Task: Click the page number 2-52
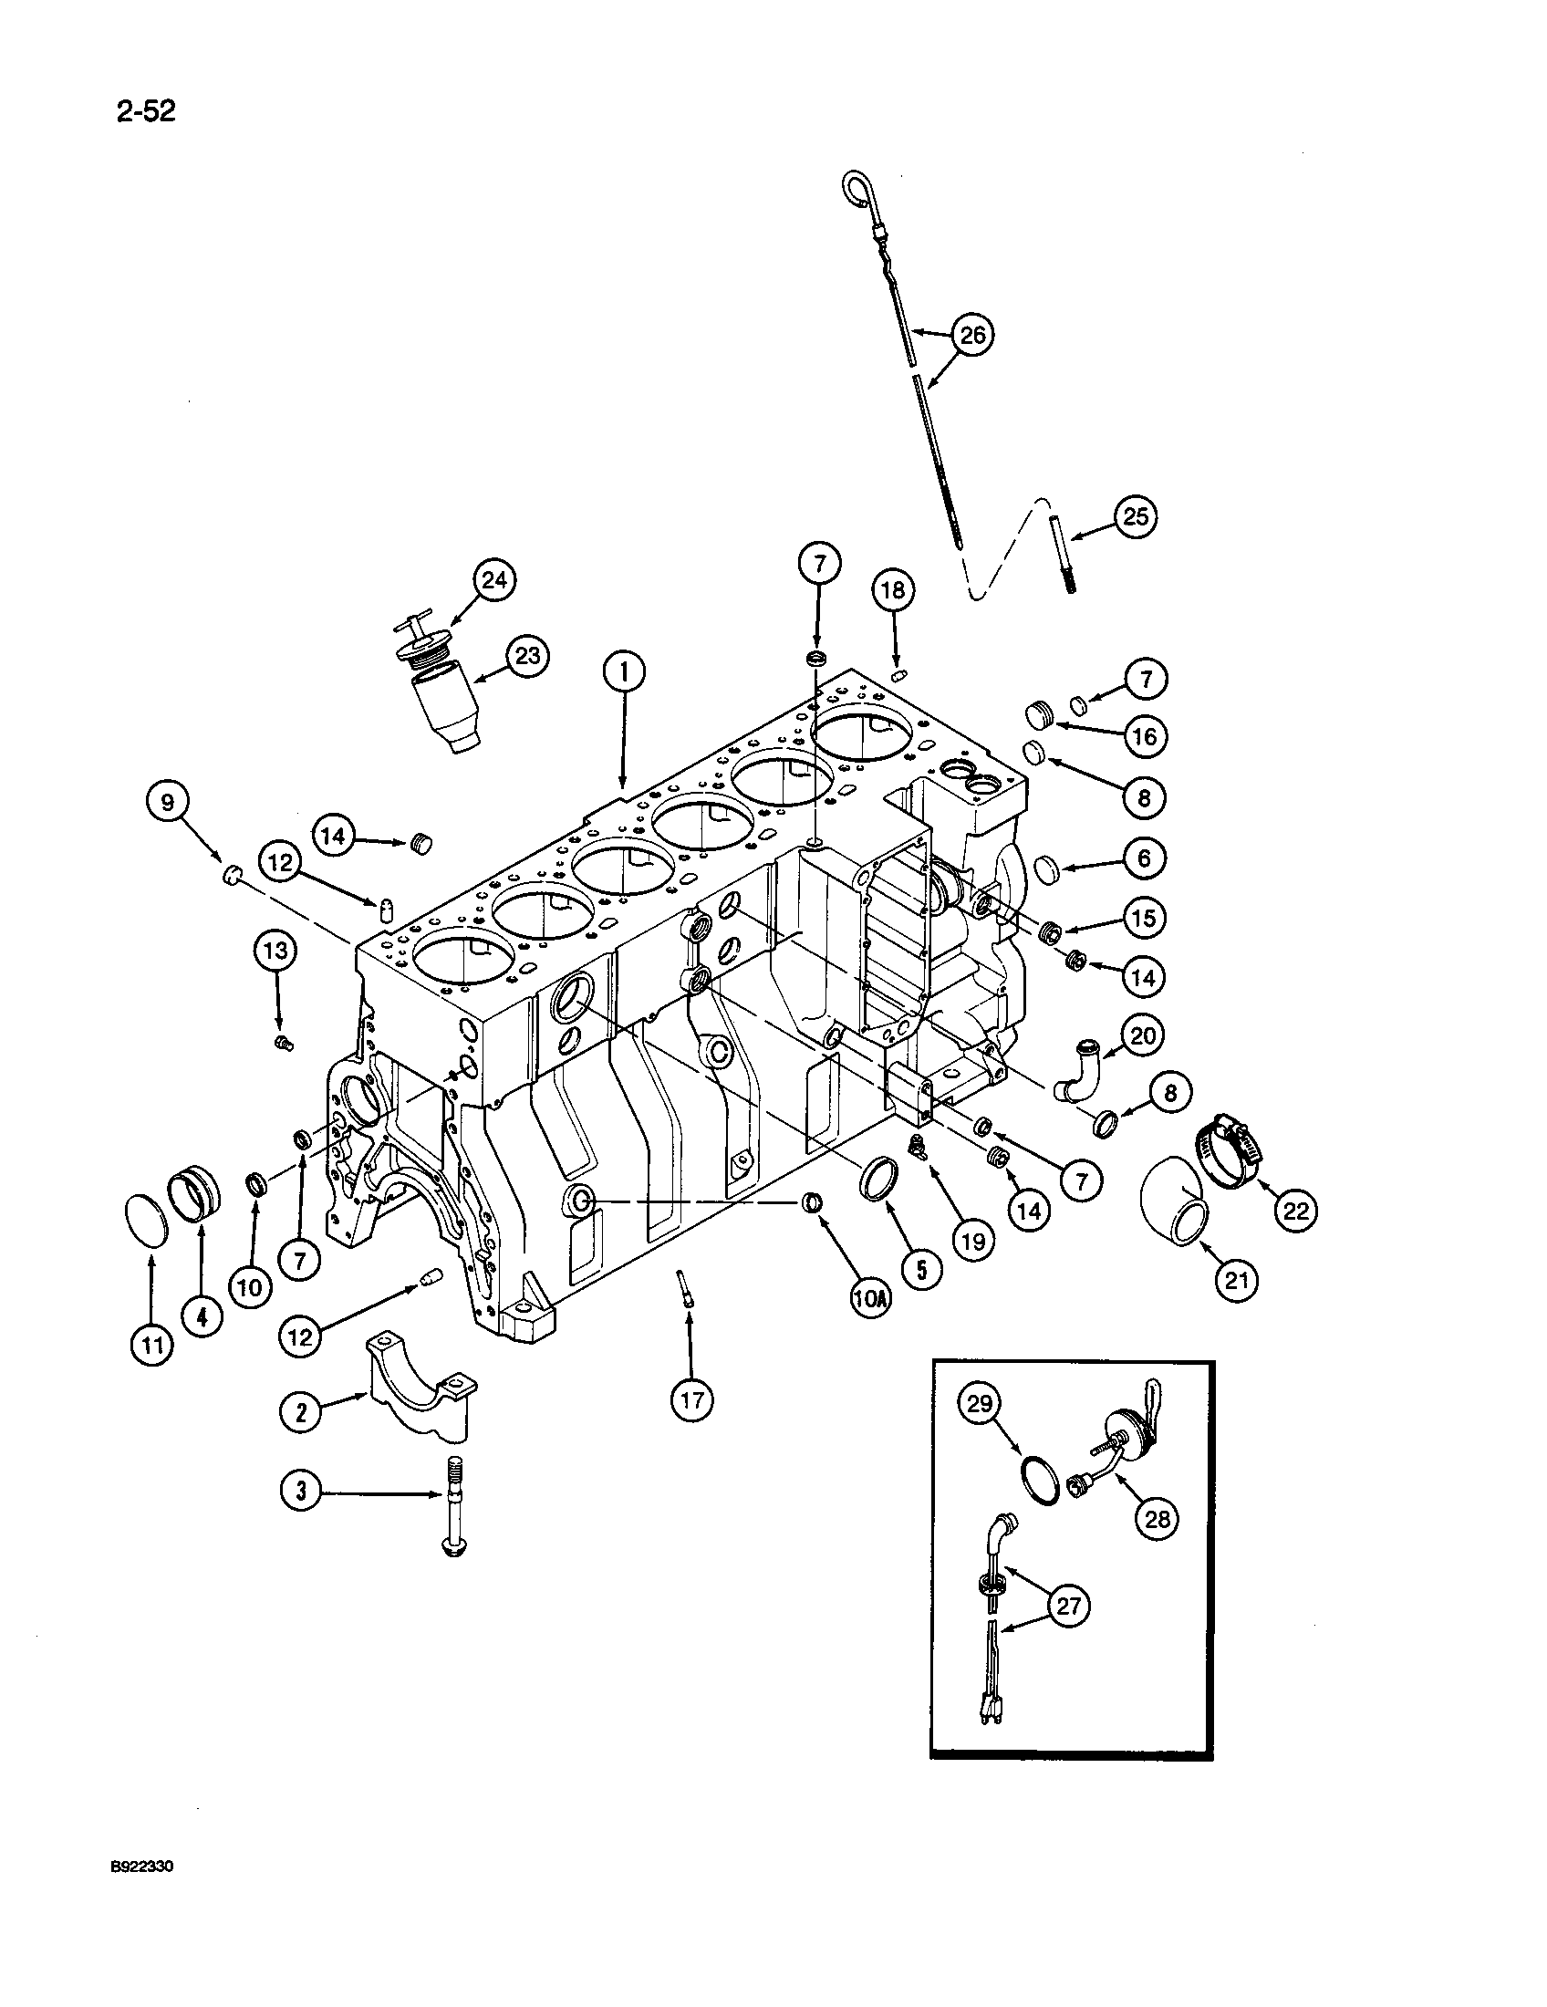[145, 111]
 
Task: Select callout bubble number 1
[624, 673]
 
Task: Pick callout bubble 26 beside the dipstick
[972, 335]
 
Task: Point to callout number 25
[1136, 516]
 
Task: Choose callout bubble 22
[1294, 1211]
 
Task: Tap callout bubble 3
[300, 1492]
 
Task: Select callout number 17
[690, 1399]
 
